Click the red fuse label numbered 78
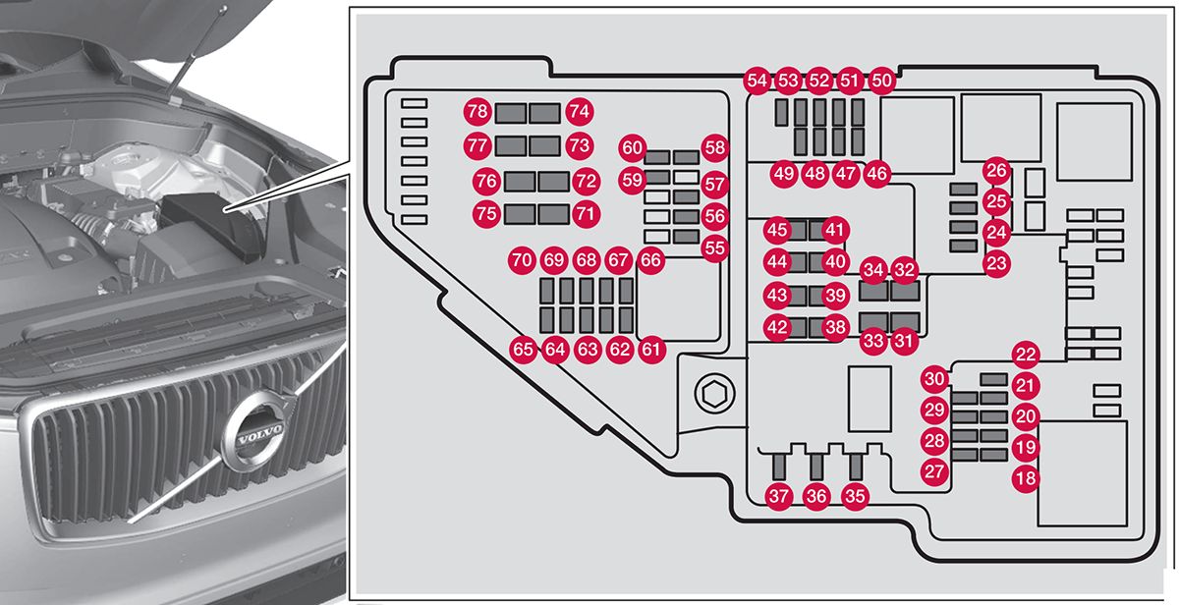coord(477,112)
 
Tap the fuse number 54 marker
coord(757,81)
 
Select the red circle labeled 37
coord(779,497)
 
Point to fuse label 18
coord(1026,479)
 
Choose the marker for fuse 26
coord(997,171)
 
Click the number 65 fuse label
coord(524,349)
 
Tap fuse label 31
coord(903,342)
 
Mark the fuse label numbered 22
coord(1026,355)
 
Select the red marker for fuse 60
coord(633,148)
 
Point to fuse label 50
coord(882,81)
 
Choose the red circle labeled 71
coord(587,213)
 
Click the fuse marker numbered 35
coord(856,497)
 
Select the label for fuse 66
coord(649,260)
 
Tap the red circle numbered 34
coord(872,269)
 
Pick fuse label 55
coord(714,248)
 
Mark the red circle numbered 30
coord(934,378)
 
